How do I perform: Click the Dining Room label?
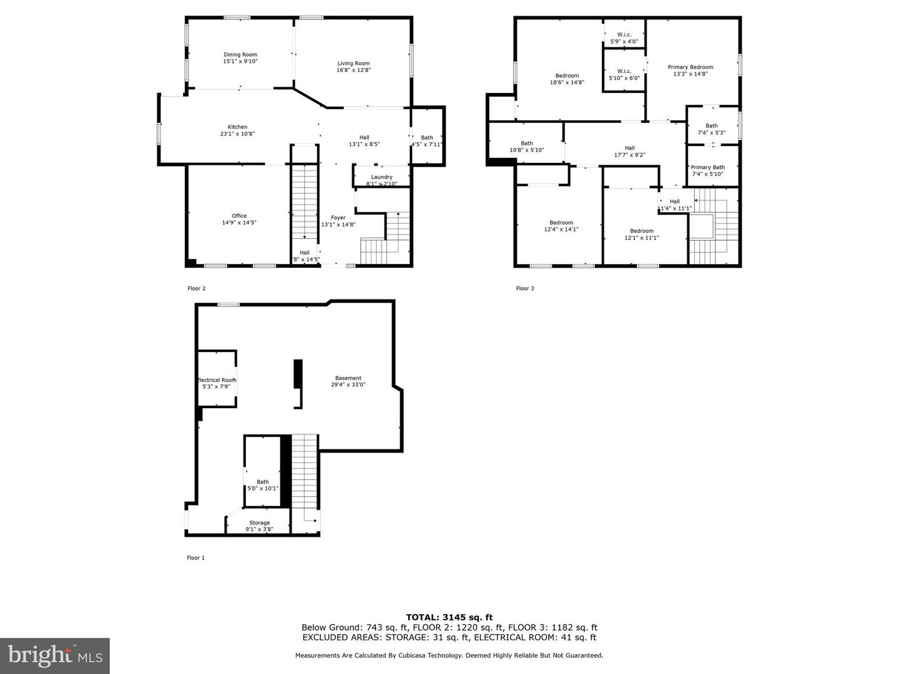coord(240,55)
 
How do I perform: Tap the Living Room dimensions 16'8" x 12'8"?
coord(353,71)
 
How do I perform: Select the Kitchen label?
coord(237,127)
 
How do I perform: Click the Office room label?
coord(239,216)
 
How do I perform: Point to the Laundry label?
coord(381,177)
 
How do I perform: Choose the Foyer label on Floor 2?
coord(338,218)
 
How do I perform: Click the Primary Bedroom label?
coord(690,67)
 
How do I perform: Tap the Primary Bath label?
coord(707,167)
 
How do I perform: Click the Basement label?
coord(348,378)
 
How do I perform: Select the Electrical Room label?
coord(217,380)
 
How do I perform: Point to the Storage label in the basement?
coord(259,523)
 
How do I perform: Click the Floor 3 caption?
coord(524,288)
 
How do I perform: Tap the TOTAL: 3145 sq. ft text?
coord(449,617)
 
